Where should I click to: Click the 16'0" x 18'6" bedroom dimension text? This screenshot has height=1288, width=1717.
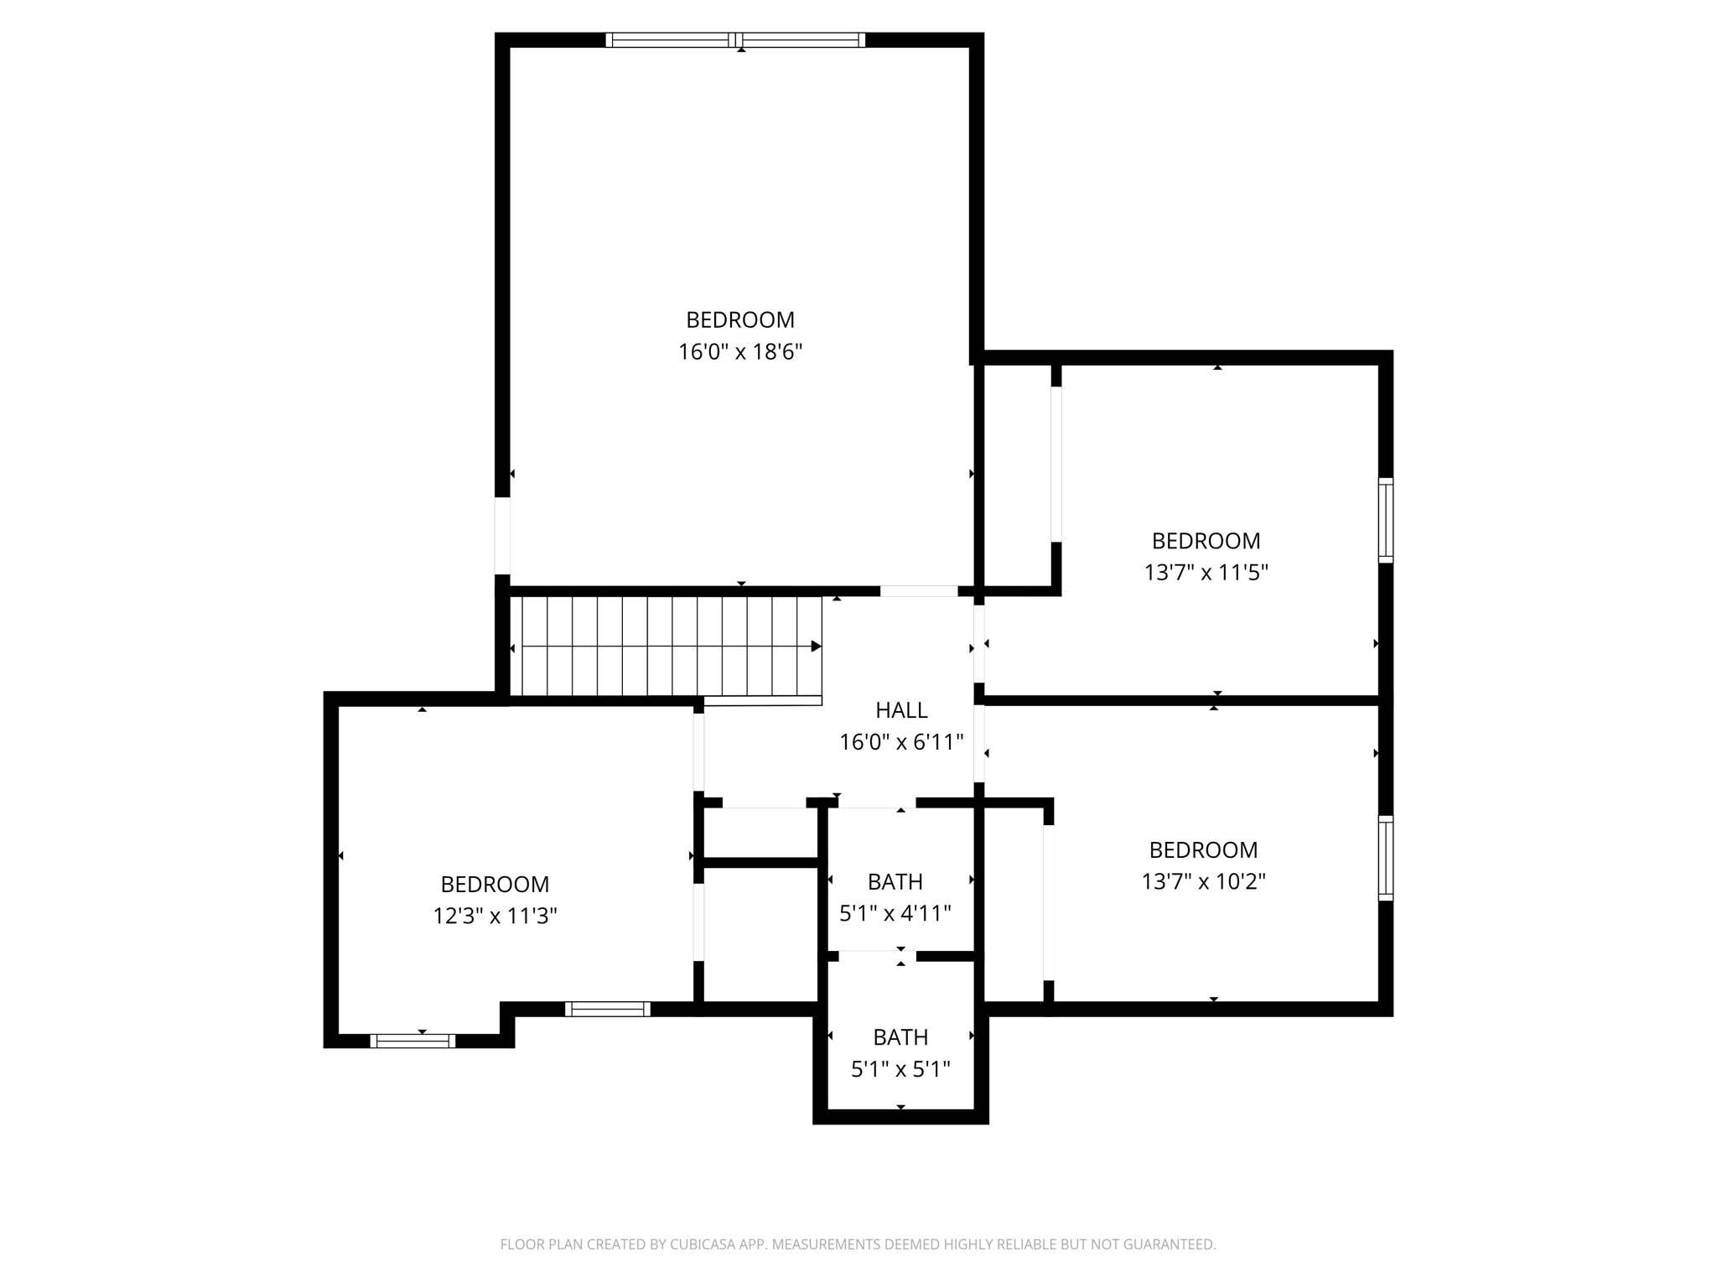740,352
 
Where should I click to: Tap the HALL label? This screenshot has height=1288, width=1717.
901,710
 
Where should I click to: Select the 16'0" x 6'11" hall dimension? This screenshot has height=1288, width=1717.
901,742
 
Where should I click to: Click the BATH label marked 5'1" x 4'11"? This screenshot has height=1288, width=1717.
895,881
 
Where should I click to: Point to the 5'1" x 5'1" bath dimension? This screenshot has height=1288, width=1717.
900,1069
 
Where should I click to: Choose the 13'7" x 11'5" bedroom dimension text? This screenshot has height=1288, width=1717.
1206,573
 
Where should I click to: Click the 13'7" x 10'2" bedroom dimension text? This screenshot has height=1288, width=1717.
1203,881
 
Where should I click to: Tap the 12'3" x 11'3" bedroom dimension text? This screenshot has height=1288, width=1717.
495,916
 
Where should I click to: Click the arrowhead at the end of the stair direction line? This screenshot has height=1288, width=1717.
816,647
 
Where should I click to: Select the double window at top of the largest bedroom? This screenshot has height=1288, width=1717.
735,39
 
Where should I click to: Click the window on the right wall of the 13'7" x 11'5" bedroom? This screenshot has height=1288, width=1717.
1386,520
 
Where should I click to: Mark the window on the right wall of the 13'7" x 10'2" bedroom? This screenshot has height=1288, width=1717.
1386,858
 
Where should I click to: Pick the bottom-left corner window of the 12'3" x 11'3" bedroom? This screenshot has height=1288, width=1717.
412,1041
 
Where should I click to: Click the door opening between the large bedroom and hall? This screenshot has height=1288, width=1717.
918,591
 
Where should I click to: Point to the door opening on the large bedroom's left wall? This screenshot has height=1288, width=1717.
502,536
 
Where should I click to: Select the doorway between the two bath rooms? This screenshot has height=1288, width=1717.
877,955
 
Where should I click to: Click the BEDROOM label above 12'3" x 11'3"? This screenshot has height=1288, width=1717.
495,884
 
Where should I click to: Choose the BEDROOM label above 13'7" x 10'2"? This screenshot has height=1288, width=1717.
1203,849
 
